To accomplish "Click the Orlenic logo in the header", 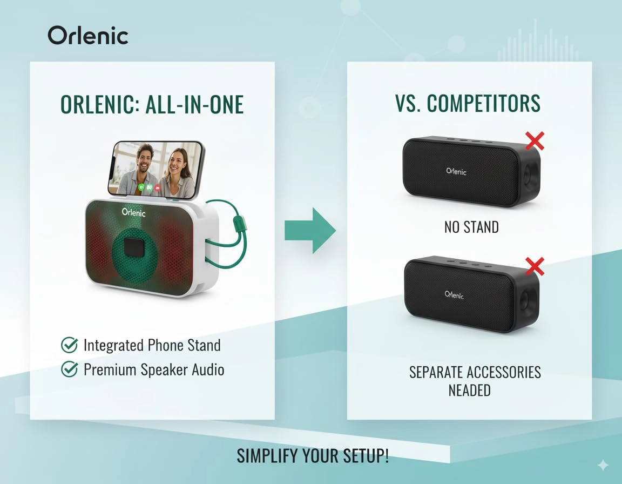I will pyautogui.click(x=88, y=36).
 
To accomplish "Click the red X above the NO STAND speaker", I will pyautogui.click(x=535, y=141).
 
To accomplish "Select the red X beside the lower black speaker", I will pyautogui.click(x=535, y=266).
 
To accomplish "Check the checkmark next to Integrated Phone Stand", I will pyautogui.click(x=69, y=345).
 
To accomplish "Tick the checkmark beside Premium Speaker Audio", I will pyautogui.click(x=69, y=369).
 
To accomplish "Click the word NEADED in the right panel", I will pyautogui.click(x=469, y=390).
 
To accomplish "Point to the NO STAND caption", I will pyautogui.click(x=471, y=227).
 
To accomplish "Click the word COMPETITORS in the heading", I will pyautogui.click(x=483, y=104).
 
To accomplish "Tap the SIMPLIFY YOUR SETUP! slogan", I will pyautogui.click(x=313, y=456).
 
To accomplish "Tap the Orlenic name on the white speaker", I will pyautogui.click(x=134, y=213).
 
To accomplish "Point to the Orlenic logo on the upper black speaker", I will pyautogui.click(x=456, y=171).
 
